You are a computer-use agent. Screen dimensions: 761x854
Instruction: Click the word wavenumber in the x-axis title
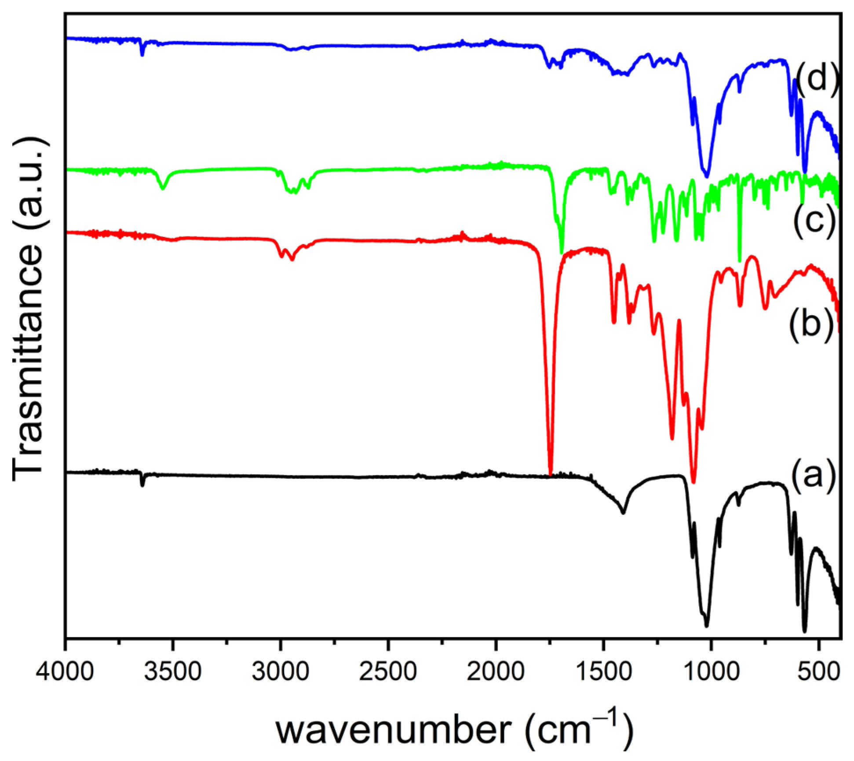point(394,730)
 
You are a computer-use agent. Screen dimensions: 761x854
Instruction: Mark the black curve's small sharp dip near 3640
point(142,485)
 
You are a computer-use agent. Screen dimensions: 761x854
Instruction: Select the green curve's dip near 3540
point(163,188)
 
